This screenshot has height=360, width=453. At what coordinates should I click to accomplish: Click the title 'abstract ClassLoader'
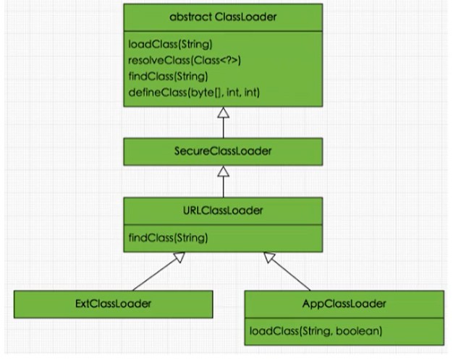tap(223, 17)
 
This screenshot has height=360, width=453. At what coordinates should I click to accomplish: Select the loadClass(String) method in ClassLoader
tap(171, 44)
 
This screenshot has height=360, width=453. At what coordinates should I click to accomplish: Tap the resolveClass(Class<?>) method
tap(185, 60)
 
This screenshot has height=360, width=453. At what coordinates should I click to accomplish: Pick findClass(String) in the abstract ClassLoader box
tap(168, 77)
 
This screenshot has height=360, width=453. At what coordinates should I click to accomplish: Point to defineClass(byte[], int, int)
tap(194, 93)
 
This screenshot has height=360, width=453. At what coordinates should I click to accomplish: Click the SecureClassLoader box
tap(223, 152)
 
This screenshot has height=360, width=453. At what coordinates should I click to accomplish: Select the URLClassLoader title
tap(223, 210)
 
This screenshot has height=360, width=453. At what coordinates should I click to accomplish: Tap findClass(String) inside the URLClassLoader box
tap(168, 238)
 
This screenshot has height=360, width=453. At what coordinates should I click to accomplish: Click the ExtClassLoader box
tap(113, 304)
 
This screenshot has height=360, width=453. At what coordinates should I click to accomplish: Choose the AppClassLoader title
tap(344, 304)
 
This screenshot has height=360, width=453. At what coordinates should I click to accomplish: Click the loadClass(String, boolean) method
tap(316, 331)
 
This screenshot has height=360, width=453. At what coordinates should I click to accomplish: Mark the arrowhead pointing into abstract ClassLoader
tap(224, 112)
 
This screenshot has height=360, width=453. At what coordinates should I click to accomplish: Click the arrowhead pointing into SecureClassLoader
tap(224, 171)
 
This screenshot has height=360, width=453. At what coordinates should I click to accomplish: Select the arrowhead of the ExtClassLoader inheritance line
tap(179, 257)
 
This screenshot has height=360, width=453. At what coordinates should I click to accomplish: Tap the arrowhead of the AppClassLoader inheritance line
tap(268, 257)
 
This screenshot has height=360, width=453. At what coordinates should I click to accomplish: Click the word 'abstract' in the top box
tap(190, 17)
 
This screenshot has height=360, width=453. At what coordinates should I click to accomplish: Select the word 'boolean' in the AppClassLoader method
tap(359, 331)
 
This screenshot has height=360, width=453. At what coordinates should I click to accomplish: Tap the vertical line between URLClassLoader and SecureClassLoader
tap(224, 187)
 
